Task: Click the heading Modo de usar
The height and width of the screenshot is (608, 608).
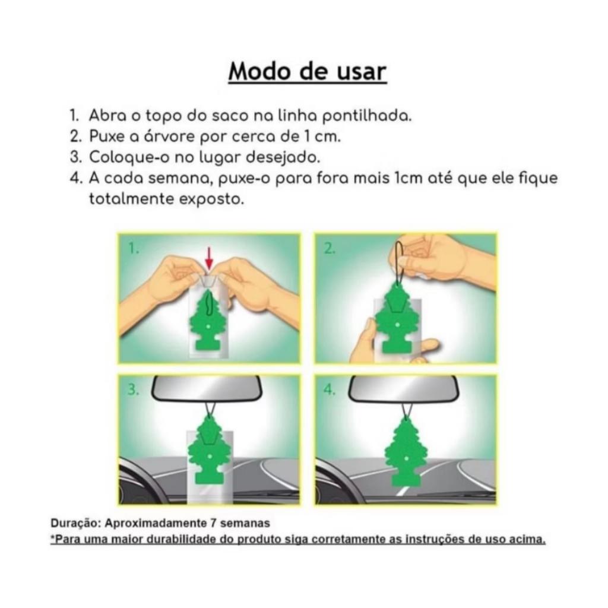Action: [x=308, y=71]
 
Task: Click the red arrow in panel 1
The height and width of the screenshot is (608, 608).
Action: [x=209, y=259]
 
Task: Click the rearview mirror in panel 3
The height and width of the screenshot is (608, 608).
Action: [x=207, y=389]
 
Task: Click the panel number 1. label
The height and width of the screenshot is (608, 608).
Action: [x=134, y=248]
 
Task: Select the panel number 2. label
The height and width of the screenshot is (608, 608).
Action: [x=330, y=248]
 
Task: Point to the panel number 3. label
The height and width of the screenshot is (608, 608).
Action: [x=134, y=389]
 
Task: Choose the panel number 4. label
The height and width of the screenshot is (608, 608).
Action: [x=330, y=389]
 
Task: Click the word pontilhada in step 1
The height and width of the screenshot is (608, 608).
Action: [x=367, y=116]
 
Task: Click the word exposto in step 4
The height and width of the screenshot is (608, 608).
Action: [x=211, y=199]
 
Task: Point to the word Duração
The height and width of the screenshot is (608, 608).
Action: [x=76, y=524]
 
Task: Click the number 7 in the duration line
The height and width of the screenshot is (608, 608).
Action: [x=213, y=523]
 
